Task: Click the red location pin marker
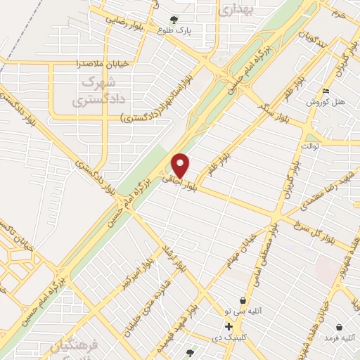181,166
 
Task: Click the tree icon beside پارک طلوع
174,20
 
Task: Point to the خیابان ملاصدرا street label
103,63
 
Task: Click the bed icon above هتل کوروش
325,91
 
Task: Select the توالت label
309,146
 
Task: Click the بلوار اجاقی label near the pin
178,181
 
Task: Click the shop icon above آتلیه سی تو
243,300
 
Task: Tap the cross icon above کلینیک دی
229,326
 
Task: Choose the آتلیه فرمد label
338,339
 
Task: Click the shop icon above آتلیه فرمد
339,328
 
